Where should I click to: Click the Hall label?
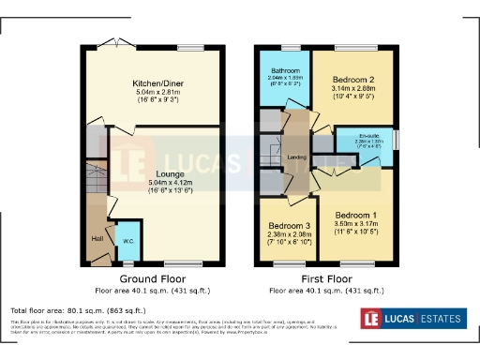tap(97, 238)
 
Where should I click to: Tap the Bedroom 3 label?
tap(289, 226)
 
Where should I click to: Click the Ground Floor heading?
tap(152, 278)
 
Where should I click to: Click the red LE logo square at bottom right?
tap(373, 319)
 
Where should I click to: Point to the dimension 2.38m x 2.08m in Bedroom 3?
tap(289, 234)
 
